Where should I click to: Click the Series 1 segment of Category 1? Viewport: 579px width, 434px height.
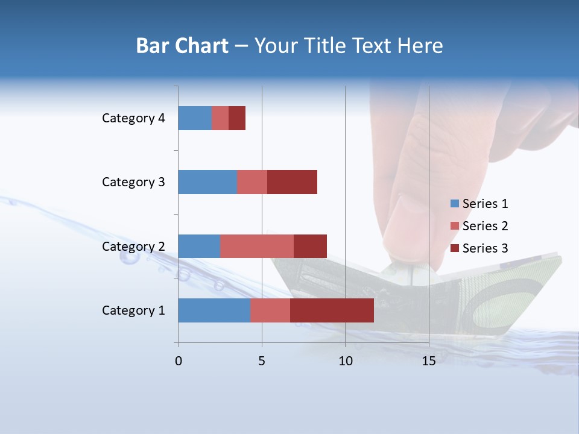[x=214, y=310]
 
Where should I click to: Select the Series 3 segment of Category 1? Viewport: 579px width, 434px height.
[x=332, y=310]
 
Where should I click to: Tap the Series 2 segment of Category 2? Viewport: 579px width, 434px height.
[x=257, y=246]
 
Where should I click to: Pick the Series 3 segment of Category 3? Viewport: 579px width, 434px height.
[x=292, y=182]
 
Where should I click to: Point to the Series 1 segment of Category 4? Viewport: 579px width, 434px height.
[x=195, y=118]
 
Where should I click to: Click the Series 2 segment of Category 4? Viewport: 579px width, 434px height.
[x=220, y=118]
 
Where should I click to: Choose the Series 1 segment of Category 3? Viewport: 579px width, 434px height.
[x=207, y=182]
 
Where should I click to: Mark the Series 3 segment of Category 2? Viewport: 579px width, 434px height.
[x=310, y=246]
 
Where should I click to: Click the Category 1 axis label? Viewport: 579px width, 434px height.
[x=133, y=310]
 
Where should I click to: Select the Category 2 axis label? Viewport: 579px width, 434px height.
[x=133, y=247]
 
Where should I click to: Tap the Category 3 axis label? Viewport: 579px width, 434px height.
[x=133, y=182]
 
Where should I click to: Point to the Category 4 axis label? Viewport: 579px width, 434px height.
[x=133, y=118]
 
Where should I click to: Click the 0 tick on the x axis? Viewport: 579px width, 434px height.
[x=179, y=361]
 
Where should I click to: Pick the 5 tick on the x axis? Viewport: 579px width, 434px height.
[x=262, y=361]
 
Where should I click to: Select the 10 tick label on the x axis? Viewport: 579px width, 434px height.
[x=345, y=361]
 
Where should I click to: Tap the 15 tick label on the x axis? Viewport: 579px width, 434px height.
[x=429, y=361]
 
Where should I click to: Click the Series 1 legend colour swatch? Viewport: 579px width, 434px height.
[x=454, y=204]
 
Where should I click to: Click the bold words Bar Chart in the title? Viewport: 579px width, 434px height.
[x=182, y=46]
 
